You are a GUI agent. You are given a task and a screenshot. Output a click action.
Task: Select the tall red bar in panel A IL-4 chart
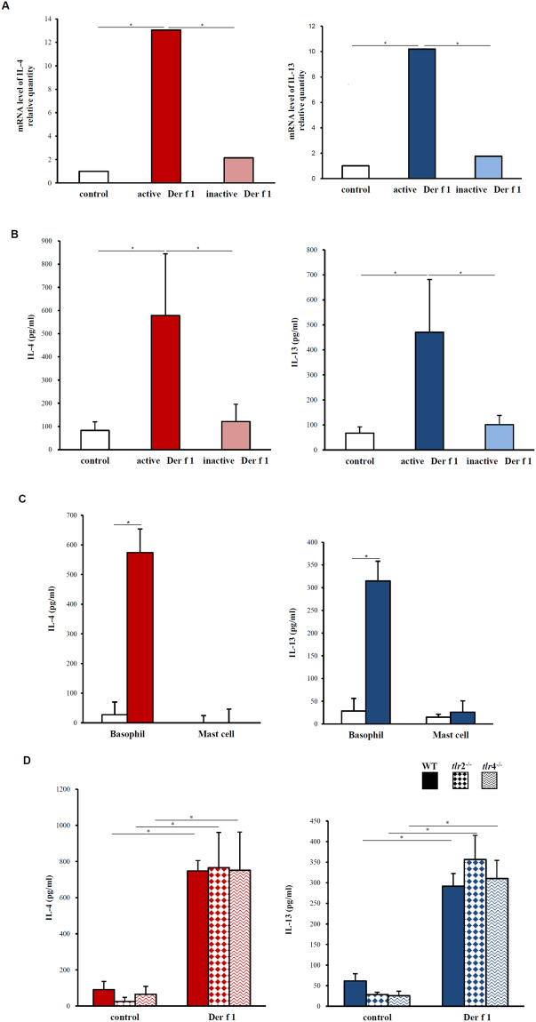coord(165,107)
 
